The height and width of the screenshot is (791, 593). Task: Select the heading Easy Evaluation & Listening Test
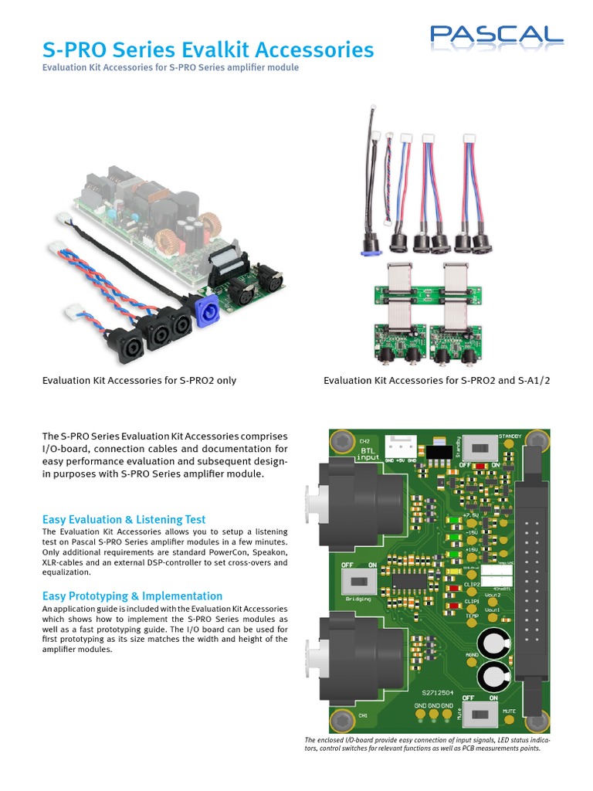tap(124, 519)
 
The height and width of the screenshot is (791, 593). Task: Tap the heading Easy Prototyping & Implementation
tap(132, 596)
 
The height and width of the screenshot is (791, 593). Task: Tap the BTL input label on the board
tap(368, 453)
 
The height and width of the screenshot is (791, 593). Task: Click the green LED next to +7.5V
tap(454, 520)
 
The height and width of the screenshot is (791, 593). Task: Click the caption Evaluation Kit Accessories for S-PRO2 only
tap(140, 380)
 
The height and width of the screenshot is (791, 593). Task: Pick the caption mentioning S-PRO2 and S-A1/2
tap(437, 380)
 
